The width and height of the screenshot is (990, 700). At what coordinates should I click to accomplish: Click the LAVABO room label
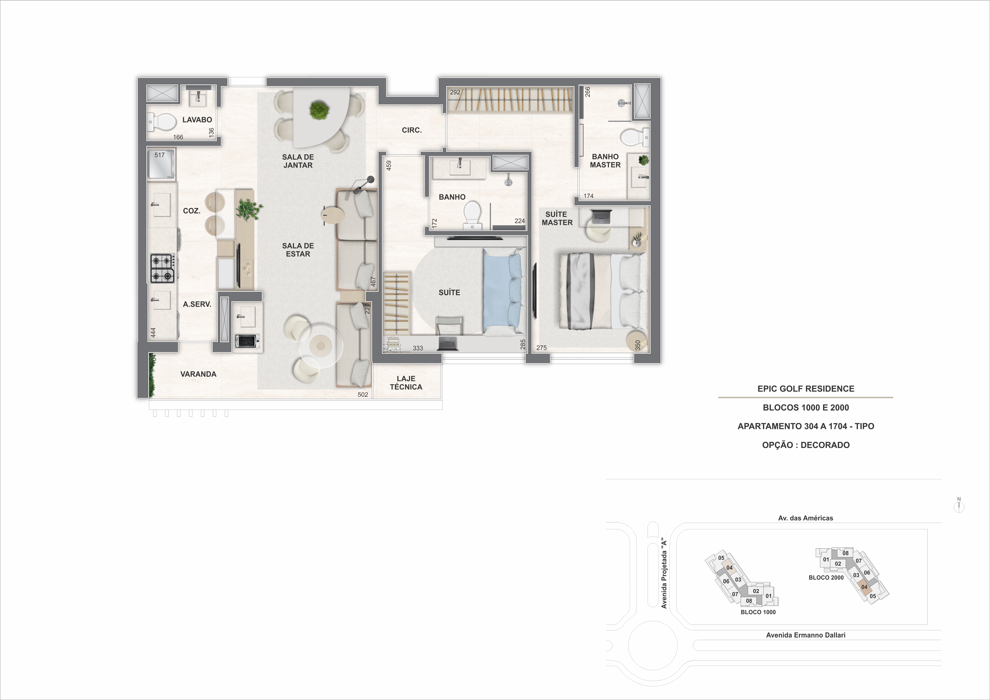click(197, 120)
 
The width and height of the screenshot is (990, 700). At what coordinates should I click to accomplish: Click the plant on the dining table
click(319, 111)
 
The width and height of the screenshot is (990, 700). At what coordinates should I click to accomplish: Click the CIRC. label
click(412, 130)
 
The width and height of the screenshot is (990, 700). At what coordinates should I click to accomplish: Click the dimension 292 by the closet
click(455, 92)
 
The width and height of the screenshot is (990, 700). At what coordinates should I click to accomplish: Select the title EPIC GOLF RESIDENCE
click(805, 389)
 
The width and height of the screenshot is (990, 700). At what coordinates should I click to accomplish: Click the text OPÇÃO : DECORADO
click(805, 445)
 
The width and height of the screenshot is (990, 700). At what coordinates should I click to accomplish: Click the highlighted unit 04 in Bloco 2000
click(864, 587)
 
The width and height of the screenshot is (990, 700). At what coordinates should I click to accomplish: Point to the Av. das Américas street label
click(805, 518)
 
